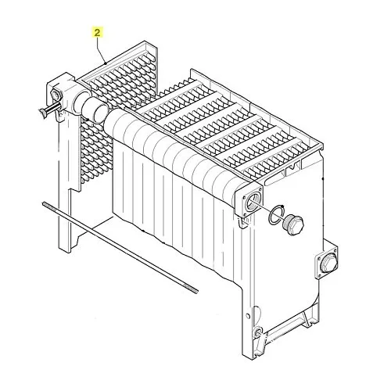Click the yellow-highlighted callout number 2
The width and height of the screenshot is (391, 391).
97,33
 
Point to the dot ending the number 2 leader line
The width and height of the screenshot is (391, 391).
106,63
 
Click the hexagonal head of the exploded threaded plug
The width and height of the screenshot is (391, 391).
297,225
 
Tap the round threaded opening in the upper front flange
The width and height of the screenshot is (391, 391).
252,202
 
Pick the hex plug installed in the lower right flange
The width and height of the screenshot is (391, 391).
328,261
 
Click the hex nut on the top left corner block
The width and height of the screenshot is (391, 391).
56,95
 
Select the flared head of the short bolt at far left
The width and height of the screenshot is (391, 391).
42,113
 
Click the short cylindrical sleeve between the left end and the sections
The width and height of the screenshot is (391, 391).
95,109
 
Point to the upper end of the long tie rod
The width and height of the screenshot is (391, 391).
45,204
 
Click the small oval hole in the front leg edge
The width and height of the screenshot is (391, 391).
248,316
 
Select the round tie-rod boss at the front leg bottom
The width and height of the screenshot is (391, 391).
258,332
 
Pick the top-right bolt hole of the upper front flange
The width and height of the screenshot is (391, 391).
260,189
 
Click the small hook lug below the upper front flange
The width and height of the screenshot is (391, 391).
243,223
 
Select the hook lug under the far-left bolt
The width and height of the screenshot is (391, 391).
60,116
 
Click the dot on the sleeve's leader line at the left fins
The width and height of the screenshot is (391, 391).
88,120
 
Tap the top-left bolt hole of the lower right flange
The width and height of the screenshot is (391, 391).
318,258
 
